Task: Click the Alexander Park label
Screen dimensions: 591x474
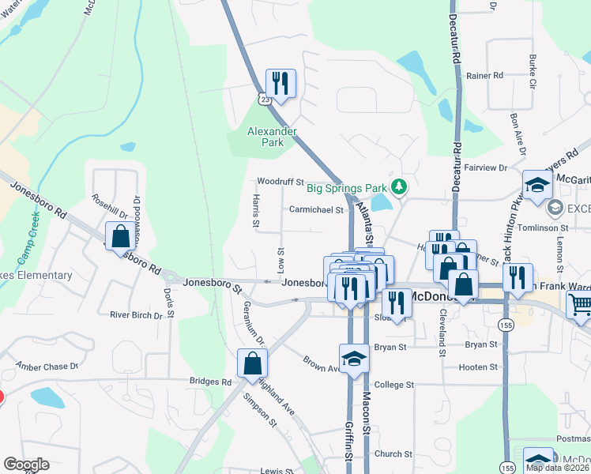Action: (x=272, y=137)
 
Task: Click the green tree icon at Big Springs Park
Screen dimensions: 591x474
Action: (x=401, y=186)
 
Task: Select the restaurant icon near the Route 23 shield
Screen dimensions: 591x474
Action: (x=280, y=82)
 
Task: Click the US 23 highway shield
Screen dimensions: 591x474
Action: (x=264, y=98)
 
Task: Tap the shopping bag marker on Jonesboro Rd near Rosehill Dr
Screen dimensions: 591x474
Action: (x=119, y=235)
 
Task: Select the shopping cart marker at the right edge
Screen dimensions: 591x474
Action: (x=580, y=304)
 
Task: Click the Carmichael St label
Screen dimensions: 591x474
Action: (x=316, y=210)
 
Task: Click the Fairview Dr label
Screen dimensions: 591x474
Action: (x=486, y=167)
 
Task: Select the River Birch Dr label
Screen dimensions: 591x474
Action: (x=136, y=314)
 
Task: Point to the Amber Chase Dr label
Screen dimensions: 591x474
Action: (x=48, y=367)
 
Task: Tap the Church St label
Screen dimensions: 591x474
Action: (x=393, y=454)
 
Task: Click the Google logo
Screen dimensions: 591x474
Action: (x=26, y=464)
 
